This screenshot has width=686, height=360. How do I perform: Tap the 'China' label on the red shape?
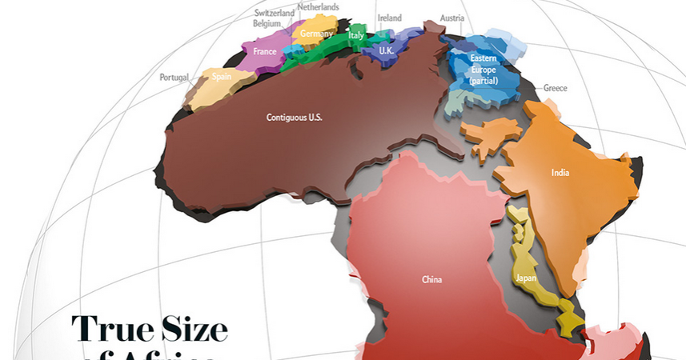[431, 280]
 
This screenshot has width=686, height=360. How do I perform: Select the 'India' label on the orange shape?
[560, 172]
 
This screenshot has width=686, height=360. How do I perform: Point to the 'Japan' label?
[525, 278]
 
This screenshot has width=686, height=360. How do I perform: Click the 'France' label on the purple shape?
[264, 52]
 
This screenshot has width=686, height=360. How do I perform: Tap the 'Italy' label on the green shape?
[355, 36]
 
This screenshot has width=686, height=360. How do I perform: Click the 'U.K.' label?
[386, 50]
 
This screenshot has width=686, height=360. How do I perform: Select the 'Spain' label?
[222, 78]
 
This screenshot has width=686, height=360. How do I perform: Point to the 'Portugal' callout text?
[174, 78]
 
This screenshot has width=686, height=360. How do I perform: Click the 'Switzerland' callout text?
[275, 13]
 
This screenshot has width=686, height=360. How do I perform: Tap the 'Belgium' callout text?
[267, 23]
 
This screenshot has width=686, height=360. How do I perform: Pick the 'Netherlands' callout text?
[318, 7]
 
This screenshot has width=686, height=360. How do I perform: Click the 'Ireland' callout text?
[389, 18]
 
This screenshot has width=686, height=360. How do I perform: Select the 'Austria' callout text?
[451, 18]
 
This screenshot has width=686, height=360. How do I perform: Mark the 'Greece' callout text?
[555, 88]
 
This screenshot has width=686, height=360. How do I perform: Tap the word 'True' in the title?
[110, 330]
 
